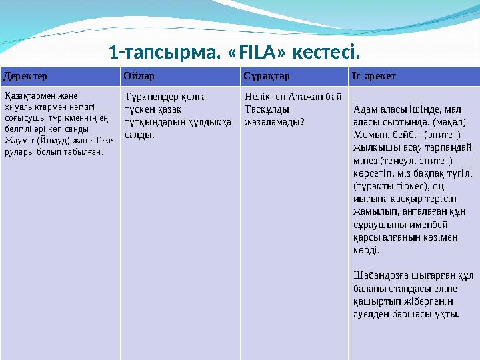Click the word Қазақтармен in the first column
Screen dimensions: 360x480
26,96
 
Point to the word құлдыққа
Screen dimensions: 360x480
208,122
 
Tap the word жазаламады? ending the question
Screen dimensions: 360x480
275,122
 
